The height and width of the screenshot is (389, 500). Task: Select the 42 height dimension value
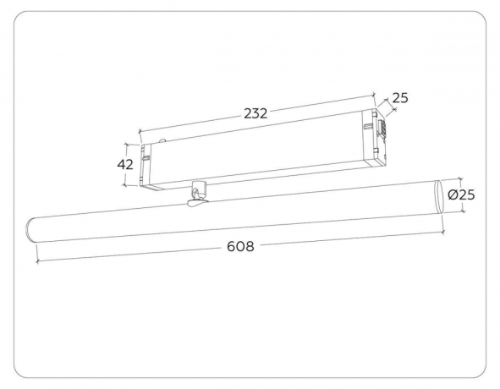(x=125, y=163)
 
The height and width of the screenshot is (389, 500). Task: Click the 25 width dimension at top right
(x=399, y=98)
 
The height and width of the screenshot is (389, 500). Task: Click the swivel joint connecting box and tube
(x=197, y=195)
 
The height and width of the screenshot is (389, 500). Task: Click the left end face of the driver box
(x=147, y=163)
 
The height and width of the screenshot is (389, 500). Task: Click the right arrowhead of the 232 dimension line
(x=373, y=96)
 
